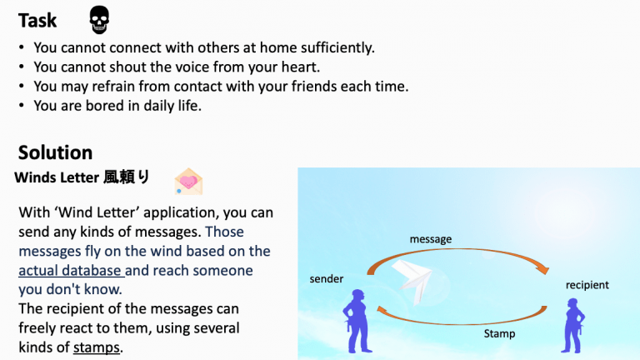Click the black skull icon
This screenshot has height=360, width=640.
pos(99,20)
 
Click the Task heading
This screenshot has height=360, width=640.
pos(37,20)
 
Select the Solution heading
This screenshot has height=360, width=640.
pos(56,152)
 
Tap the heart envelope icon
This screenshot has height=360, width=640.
pos(188,182)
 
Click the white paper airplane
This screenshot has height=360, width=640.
pos(412,281)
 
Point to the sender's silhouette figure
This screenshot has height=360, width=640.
pos(357,321)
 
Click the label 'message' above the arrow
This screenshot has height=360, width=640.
pos(431,239)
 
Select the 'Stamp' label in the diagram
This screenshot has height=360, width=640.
pos(499,333)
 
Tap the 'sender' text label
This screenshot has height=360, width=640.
pos(327,279)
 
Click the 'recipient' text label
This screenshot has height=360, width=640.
pos(587,285)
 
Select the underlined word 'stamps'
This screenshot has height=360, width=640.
pos(97,347)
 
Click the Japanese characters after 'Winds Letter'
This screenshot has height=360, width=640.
pos(126,177)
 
